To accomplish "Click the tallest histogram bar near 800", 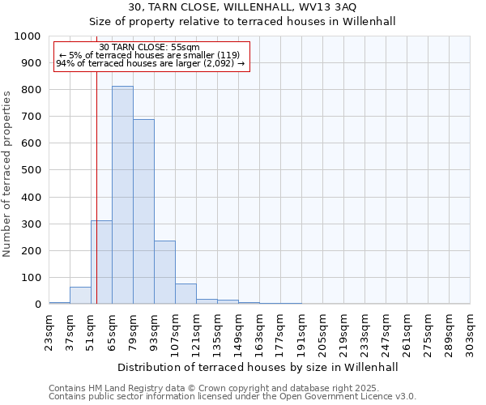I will (x=122, y=194).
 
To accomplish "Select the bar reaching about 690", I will (x=143, y=211).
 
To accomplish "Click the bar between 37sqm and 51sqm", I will (x=80, y=296).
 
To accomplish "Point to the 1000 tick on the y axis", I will (x=29, y=36).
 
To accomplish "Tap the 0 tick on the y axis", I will (x=37, y=305).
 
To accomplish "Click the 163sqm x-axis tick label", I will (x=259, y=332).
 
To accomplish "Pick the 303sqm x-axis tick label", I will (x=470, y=332).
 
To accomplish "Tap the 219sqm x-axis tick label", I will (x=343, y=332).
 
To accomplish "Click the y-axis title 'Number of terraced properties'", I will (x=8, y=173).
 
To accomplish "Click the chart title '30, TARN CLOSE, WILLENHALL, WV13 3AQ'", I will (x=242, y=7).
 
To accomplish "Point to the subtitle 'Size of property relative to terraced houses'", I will (x=242, y=22).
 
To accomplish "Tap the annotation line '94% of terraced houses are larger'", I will (x=150, y=64).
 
